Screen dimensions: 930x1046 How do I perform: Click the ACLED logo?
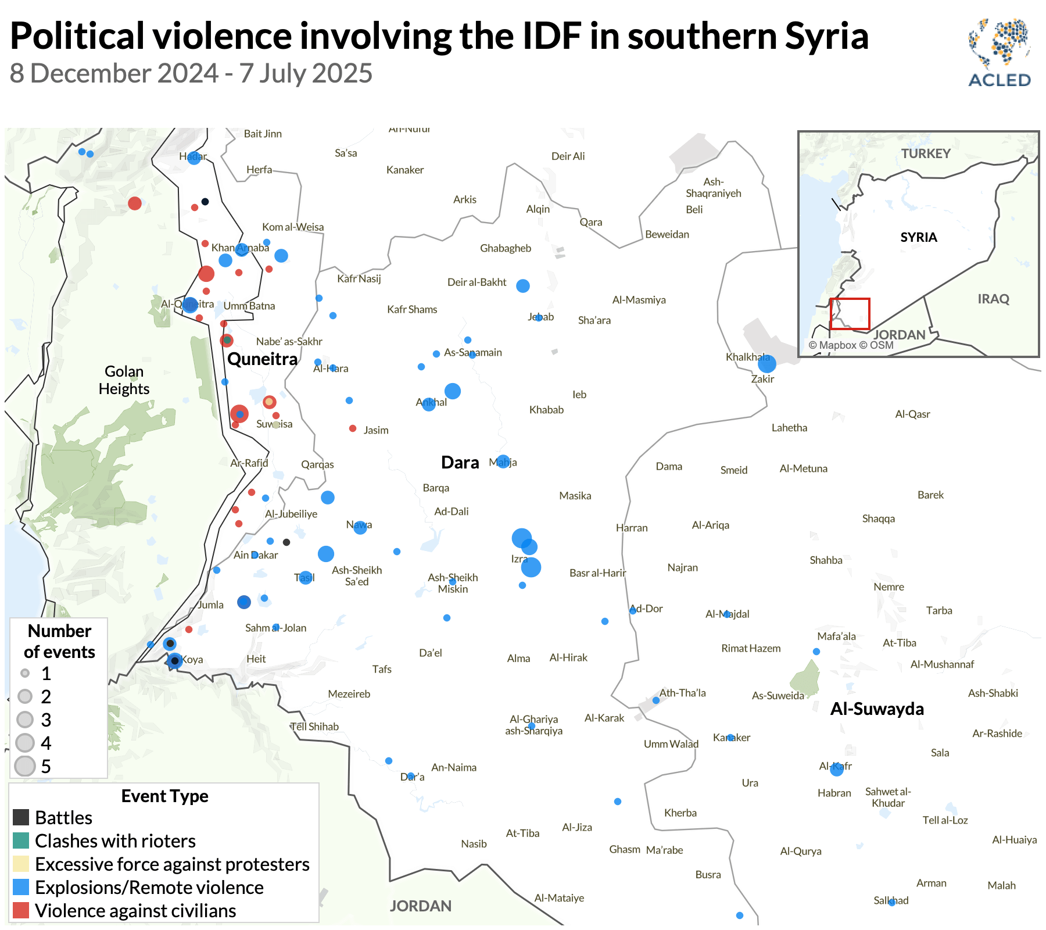tap(999, 53)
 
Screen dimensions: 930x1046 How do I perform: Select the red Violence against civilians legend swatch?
tap(21, 910)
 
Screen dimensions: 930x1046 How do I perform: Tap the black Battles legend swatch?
tap(21, 817)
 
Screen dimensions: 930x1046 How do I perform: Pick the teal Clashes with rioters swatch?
tap(21, 840)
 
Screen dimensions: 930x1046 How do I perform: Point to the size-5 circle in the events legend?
tap(25, 766)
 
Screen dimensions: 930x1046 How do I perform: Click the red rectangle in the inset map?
tap(849, 314)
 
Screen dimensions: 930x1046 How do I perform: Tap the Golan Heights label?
tap(124, 380)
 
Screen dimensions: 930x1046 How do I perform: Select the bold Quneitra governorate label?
tap(262, 359)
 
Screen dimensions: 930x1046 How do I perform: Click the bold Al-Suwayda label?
tap(877, 709)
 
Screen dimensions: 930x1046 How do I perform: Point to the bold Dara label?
tap(460, 463)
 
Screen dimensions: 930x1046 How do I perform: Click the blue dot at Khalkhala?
tap(767, 364)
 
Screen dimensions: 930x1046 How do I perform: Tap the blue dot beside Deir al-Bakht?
tap(523, 285)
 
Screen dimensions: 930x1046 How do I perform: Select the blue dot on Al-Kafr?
tap(837, 769)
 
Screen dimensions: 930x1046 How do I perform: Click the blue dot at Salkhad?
tap(892, 902)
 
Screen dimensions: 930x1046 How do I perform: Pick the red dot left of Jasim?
tap(353, 428)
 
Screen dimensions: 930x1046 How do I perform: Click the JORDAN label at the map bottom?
tap(420, 906)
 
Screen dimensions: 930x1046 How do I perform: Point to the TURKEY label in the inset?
tap(926, 153)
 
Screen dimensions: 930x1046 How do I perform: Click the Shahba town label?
tap(826, 560)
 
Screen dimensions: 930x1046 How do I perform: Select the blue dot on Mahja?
tap(503, 462)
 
